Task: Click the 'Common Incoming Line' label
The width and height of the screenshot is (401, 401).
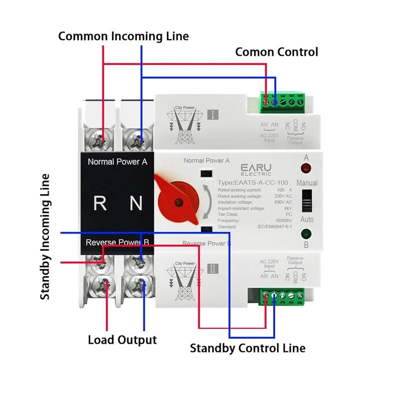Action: click(x=123, y=36)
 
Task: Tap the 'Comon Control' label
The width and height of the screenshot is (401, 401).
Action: click(x=276, y=52)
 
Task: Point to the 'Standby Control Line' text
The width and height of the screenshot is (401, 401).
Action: click(x=247, y=348)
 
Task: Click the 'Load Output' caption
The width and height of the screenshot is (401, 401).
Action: click(x=122, y=340)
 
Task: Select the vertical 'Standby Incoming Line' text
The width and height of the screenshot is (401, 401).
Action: click(x=46, y=237)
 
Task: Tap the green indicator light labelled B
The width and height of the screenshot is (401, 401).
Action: click(x=305, y=234)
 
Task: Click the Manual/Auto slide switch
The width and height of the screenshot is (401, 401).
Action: click(x=306, y=200)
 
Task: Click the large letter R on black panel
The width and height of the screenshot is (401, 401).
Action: click(x=100, y=203)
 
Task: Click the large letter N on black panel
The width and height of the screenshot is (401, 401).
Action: click(x=136, y=203)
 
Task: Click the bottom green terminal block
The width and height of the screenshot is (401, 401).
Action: click(x=283, y=296)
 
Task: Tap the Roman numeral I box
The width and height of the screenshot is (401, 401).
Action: click(x=213, y=114)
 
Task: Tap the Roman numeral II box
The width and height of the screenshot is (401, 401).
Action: click(x=213, y=269)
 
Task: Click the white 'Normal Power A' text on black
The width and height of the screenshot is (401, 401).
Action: click(x=117, y=162)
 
